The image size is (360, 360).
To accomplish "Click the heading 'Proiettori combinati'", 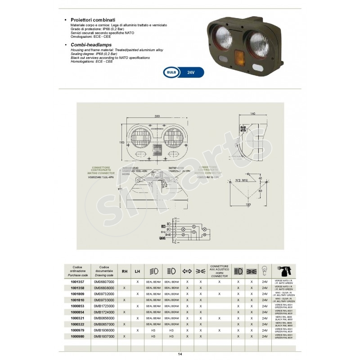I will tap(93, 20).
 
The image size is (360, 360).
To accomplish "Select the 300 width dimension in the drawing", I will tap(157, 116).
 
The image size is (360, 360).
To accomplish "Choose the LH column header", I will tap(137, 271).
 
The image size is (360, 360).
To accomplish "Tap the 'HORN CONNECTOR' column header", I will tap(219, 272).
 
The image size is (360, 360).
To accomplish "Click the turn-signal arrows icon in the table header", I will tap(187, 271).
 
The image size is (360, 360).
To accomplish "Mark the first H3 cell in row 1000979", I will tap(153, 329).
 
